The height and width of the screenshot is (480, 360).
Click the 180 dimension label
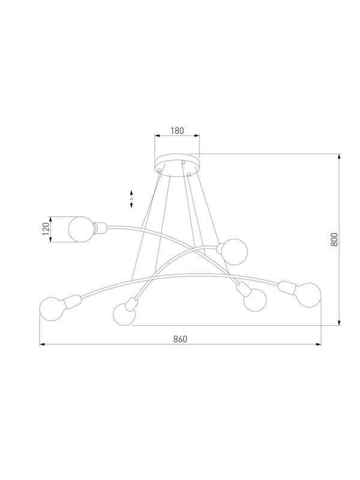(x=177, y=131)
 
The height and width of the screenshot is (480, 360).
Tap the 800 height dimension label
(x=334, y=239)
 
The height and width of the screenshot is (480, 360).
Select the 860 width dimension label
(x=180, y=339)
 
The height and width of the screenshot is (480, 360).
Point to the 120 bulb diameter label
(x=46, y=229)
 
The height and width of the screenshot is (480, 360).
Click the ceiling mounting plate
(x=177, y=166)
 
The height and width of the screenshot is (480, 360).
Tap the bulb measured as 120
(x=81, y=229)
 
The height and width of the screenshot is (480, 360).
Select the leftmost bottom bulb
(x=52, y=309)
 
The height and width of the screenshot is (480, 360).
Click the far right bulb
(x=309, y=295)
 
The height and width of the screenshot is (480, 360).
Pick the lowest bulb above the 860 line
(x=124, y=314)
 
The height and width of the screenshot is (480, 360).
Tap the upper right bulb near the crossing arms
(x=235, y=252)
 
